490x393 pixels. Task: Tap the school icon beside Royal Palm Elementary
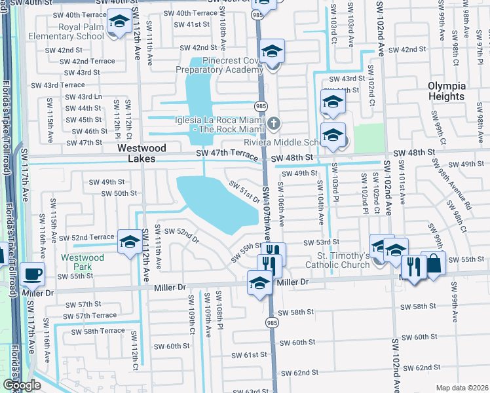click(119, 24)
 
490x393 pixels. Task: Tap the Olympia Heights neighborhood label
click(446, 91)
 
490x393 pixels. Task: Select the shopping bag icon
click(433, 263)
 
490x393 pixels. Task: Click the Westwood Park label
click(83, 263)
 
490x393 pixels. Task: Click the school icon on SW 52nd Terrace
click(129, 242)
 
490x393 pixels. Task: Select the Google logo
click(22, 386)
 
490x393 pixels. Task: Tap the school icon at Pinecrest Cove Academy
click(272, 52)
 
